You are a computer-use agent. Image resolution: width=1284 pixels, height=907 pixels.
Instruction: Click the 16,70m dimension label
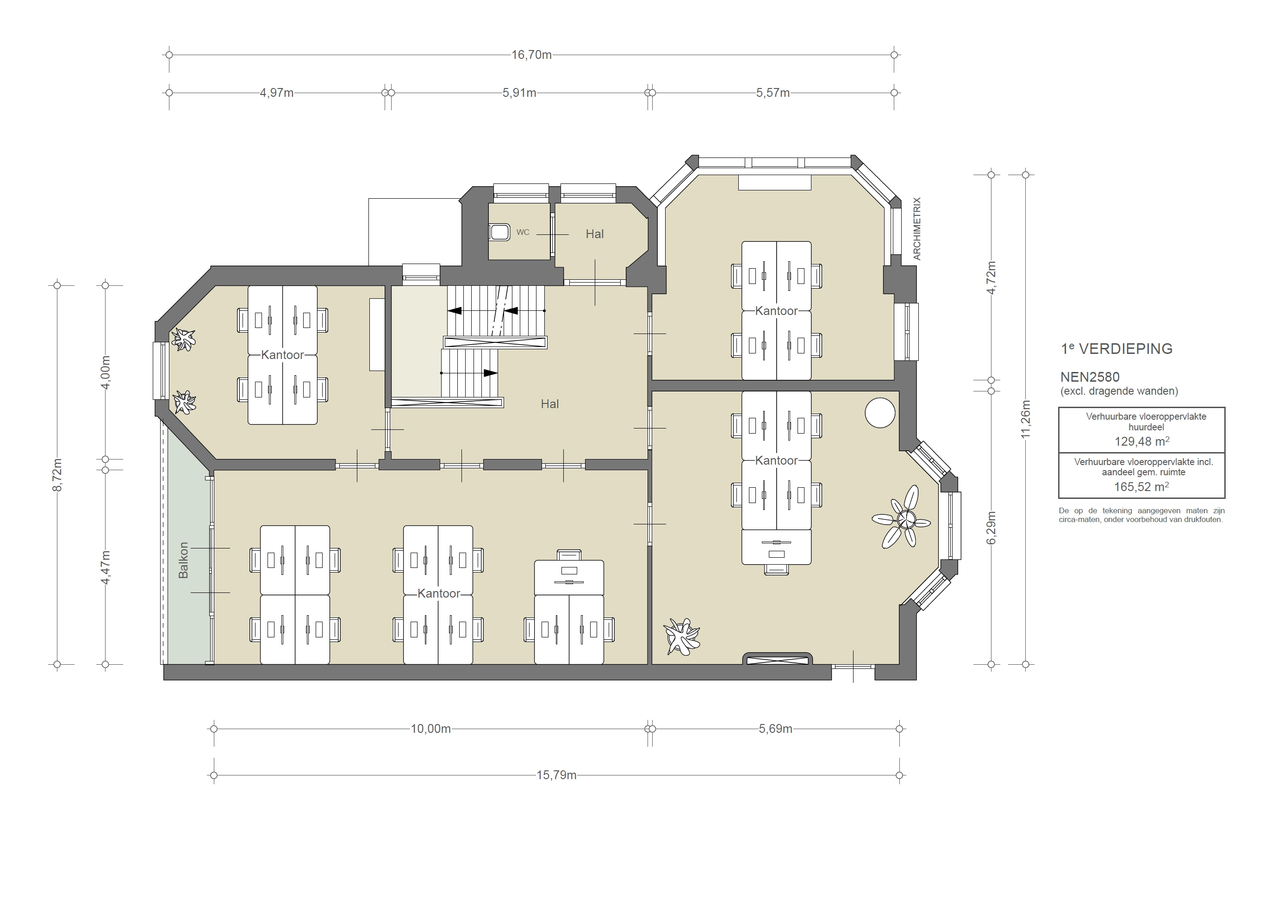coord(531,55)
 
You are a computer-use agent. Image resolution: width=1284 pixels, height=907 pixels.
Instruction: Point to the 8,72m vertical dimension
coord(57,474)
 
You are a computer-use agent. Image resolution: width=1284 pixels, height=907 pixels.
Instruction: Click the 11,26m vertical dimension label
coord(1025,419)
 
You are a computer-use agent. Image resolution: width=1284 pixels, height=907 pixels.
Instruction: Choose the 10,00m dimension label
coord(430,729)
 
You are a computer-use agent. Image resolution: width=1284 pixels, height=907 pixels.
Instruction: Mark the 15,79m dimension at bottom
coord(556,775)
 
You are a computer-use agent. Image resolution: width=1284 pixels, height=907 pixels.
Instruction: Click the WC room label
coord(523,232)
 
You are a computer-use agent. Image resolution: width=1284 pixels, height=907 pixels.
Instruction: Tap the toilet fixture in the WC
coord(499,232)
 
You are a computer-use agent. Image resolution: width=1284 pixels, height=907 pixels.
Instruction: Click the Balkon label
coord(183,560)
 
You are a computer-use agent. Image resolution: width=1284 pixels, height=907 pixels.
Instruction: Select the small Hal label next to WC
coord(594,234)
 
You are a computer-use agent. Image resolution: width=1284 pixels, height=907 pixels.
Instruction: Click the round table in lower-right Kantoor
coord(879,412)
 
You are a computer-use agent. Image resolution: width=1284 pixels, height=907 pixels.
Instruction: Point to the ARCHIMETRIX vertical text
coord(916,228)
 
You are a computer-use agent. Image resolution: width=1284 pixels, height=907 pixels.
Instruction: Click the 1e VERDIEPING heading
coord(1116,349)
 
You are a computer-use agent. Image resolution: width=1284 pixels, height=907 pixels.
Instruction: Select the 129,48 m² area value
coord(1141,441)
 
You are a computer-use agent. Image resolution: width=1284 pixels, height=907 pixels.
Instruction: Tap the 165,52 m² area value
coord(1141,487)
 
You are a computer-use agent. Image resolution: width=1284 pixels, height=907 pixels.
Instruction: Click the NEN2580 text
coord(1090,378)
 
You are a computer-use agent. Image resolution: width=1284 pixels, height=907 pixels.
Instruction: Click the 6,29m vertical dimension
coord(991,528)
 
